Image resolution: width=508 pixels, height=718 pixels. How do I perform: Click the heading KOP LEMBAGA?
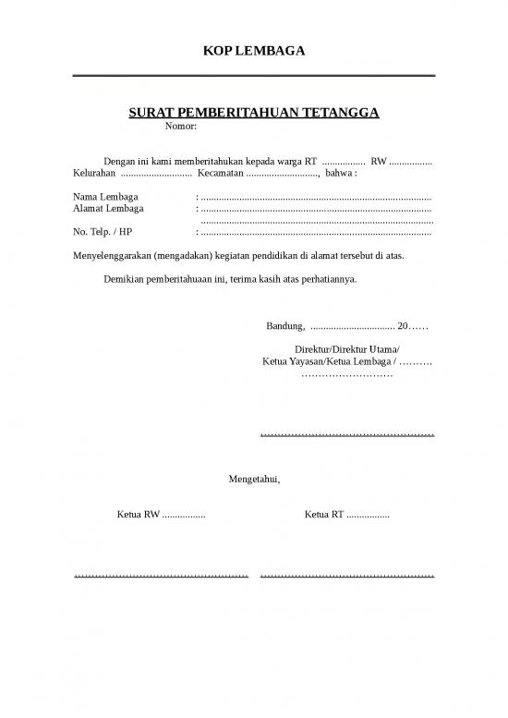click(x=253, y=51)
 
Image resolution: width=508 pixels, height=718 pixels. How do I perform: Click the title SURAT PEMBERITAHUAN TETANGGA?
click(x=253, y=114)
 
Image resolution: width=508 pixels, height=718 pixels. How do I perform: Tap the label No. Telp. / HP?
click(x=102, y=231)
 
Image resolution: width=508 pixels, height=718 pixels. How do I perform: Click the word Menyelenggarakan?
click(x=112, y=254)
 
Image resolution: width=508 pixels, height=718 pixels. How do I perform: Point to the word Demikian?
click(x=127, y=278)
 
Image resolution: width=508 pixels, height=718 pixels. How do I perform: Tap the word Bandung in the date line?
click(x=284, y=325)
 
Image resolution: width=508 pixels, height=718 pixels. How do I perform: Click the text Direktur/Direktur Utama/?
click(x=346, y=349)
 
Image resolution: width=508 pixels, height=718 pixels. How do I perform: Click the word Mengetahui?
click(x=254, y=479)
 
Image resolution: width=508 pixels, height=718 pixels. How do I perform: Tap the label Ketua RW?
click(x=138, y=514)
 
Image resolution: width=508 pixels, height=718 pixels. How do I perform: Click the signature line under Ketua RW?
click(x=161, y=577)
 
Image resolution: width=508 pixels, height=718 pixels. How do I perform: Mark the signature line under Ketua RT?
click(x=347, y=577)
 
